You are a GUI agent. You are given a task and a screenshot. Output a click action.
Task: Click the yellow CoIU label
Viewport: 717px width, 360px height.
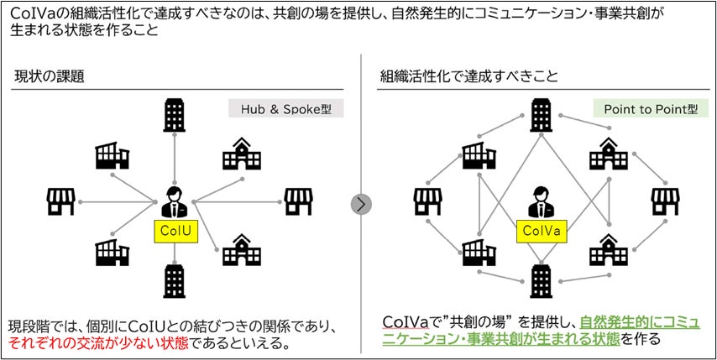175,230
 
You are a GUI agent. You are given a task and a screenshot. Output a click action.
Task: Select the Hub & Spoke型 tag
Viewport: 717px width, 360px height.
285,110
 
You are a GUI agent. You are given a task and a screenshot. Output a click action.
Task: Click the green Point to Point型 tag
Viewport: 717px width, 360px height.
651,110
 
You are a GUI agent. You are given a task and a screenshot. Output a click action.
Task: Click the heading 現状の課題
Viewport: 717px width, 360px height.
50,76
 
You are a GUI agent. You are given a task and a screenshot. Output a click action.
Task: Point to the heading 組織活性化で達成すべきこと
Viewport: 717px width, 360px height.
469,76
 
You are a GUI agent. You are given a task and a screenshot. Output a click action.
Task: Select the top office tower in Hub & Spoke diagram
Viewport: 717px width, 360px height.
175,116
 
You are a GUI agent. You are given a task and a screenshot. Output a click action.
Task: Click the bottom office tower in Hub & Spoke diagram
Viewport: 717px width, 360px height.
175,280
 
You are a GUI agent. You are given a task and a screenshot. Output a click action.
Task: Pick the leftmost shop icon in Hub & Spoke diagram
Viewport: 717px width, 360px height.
60,201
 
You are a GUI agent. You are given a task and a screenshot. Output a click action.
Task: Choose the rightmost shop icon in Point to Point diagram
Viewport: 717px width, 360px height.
665,201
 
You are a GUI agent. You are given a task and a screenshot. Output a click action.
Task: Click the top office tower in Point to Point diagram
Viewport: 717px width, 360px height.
541,116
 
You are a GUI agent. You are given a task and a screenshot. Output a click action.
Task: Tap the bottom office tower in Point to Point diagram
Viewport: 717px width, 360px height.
541,280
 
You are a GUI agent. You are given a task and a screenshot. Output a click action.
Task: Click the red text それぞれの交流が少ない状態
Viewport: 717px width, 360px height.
99,343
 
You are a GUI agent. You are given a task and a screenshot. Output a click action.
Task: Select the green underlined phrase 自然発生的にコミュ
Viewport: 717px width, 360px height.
640,324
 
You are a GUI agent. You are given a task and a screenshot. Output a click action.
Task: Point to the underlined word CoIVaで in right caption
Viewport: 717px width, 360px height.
406,324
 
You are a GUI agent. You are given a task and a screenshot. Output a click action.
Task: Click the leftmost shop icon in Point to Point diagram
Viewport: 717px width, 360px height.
427,201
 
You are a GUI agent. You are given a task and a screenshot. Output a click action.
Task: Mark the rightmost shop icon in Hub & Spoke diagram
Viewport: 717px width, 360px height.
298,201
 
